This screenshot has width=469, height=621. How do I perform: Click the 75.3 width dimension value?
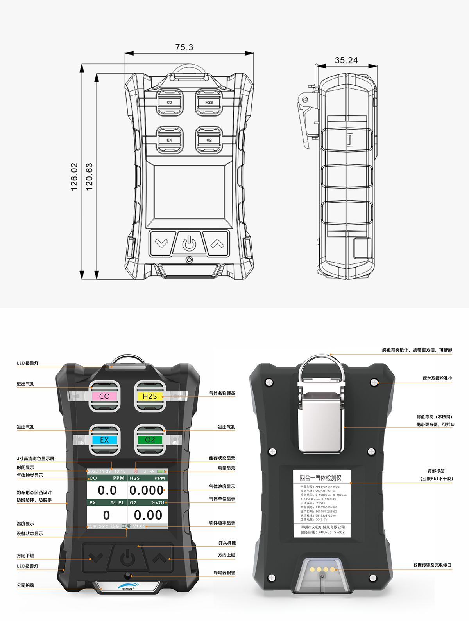click(184, 47)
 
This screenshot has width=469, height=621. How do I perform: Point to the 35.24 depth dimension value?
click(346, 60)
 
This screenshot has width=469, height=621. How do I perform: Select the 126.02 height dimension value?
click(74, 177)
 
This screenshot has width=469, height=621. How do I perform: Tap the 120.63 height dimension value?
click(89, 177)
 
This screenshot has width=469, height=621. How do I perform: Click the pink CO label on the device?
click(104, 396)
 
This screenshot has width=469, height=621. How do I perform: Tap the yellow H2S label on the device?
click(150, 396)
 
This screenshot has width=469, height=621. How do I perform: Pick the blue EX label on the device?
click(104, 440)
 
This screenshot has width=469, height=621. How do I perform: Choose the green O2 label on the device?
click(150, 440)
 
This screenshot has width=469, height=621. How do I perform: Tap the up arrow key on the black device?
click(159, 557)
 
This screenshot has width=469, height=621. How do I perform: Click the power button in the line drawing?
click(190, 244)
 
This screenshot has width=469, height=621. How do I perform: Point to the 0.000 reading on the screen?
click(147, 490)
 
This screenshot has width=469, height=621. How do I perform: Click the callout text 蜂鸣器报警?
click(224, 573)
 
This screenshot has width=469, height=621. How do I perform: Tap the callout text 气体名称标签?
click(222, 393)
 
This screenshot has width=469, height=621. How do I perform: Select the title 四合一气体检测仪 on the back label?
click(320, 478)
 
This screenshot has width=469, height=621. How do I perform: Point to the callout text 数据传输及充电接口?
click(432, 565)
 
